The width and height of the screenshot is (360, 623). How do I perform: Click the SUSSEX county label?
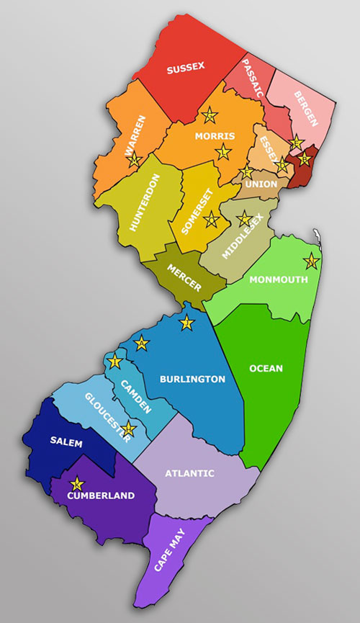[x=186, y=68]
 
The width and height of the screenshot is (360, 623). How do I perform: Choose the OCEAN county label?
[x=266, y=369]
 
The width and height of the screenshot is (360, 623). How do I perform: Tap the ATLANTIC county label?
[x=189, y=473]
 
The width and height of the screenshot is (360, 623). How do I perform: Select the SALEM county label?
[x=66, y=442]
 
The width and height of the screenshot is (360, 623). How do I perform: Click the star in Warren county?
[x=133, y=160]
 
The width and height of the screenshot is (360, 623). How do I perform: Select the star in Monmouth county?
[x=311, y=260]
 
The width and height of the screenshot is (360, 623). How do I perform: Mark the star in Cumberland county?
[x=77, y=483]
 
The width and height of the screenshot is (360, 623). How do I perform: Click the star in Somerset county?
[x=211, y=219]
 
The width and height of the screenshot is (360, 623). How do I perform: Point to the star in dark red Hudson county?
[x=305, y=158]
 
